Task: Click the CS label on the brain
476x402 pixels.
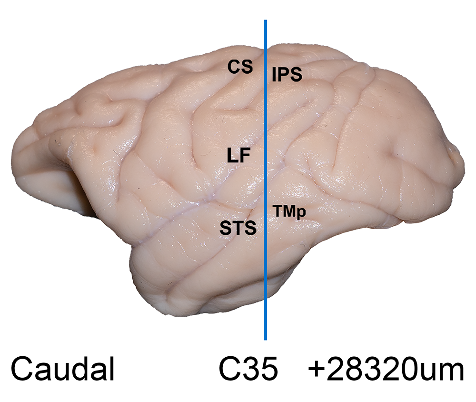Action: pyautogui.click(x=240, y=67)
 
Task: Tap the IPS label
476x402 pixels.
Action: pyautogui.click(x=287, y=74)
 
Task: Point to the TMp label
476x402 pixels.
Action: pyautogui.click(x=289, y=211)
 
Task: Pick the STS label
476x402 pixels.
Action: pyautogui.click(x=238, y=228)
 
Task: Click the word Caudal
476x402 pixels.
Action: pyautogui.click(x=62, y=369)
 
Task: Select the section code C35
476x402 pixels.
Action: pyautogui.click(x=248, y=369)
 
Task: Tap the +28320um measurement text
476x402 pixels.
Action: pyautogui.click(x=386, y=369)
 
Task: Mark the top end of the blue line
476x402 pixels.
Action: pyautogui.click(x=266, y=20)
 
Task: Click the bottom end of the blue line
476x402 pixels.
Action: pyautogui.click(x=266, y=340)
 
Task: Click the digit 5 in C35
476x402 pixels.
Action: pyautogui.click(x=268, y=369)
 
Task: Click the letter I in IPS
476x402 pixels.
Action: pyautogui.click(x=274, y=74)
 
